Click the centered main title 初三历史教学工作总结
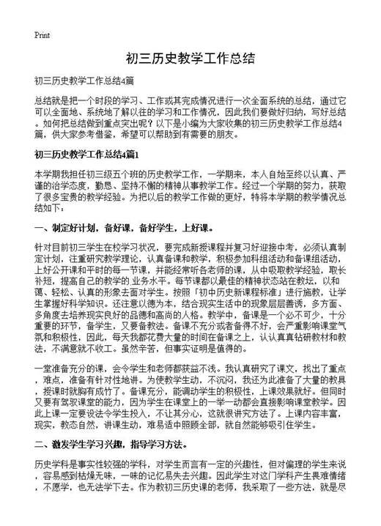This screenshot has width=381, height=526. click(x=190, y=58)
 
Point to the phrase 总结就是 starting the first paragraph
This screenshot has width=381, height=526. click(x=52, y=97)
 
